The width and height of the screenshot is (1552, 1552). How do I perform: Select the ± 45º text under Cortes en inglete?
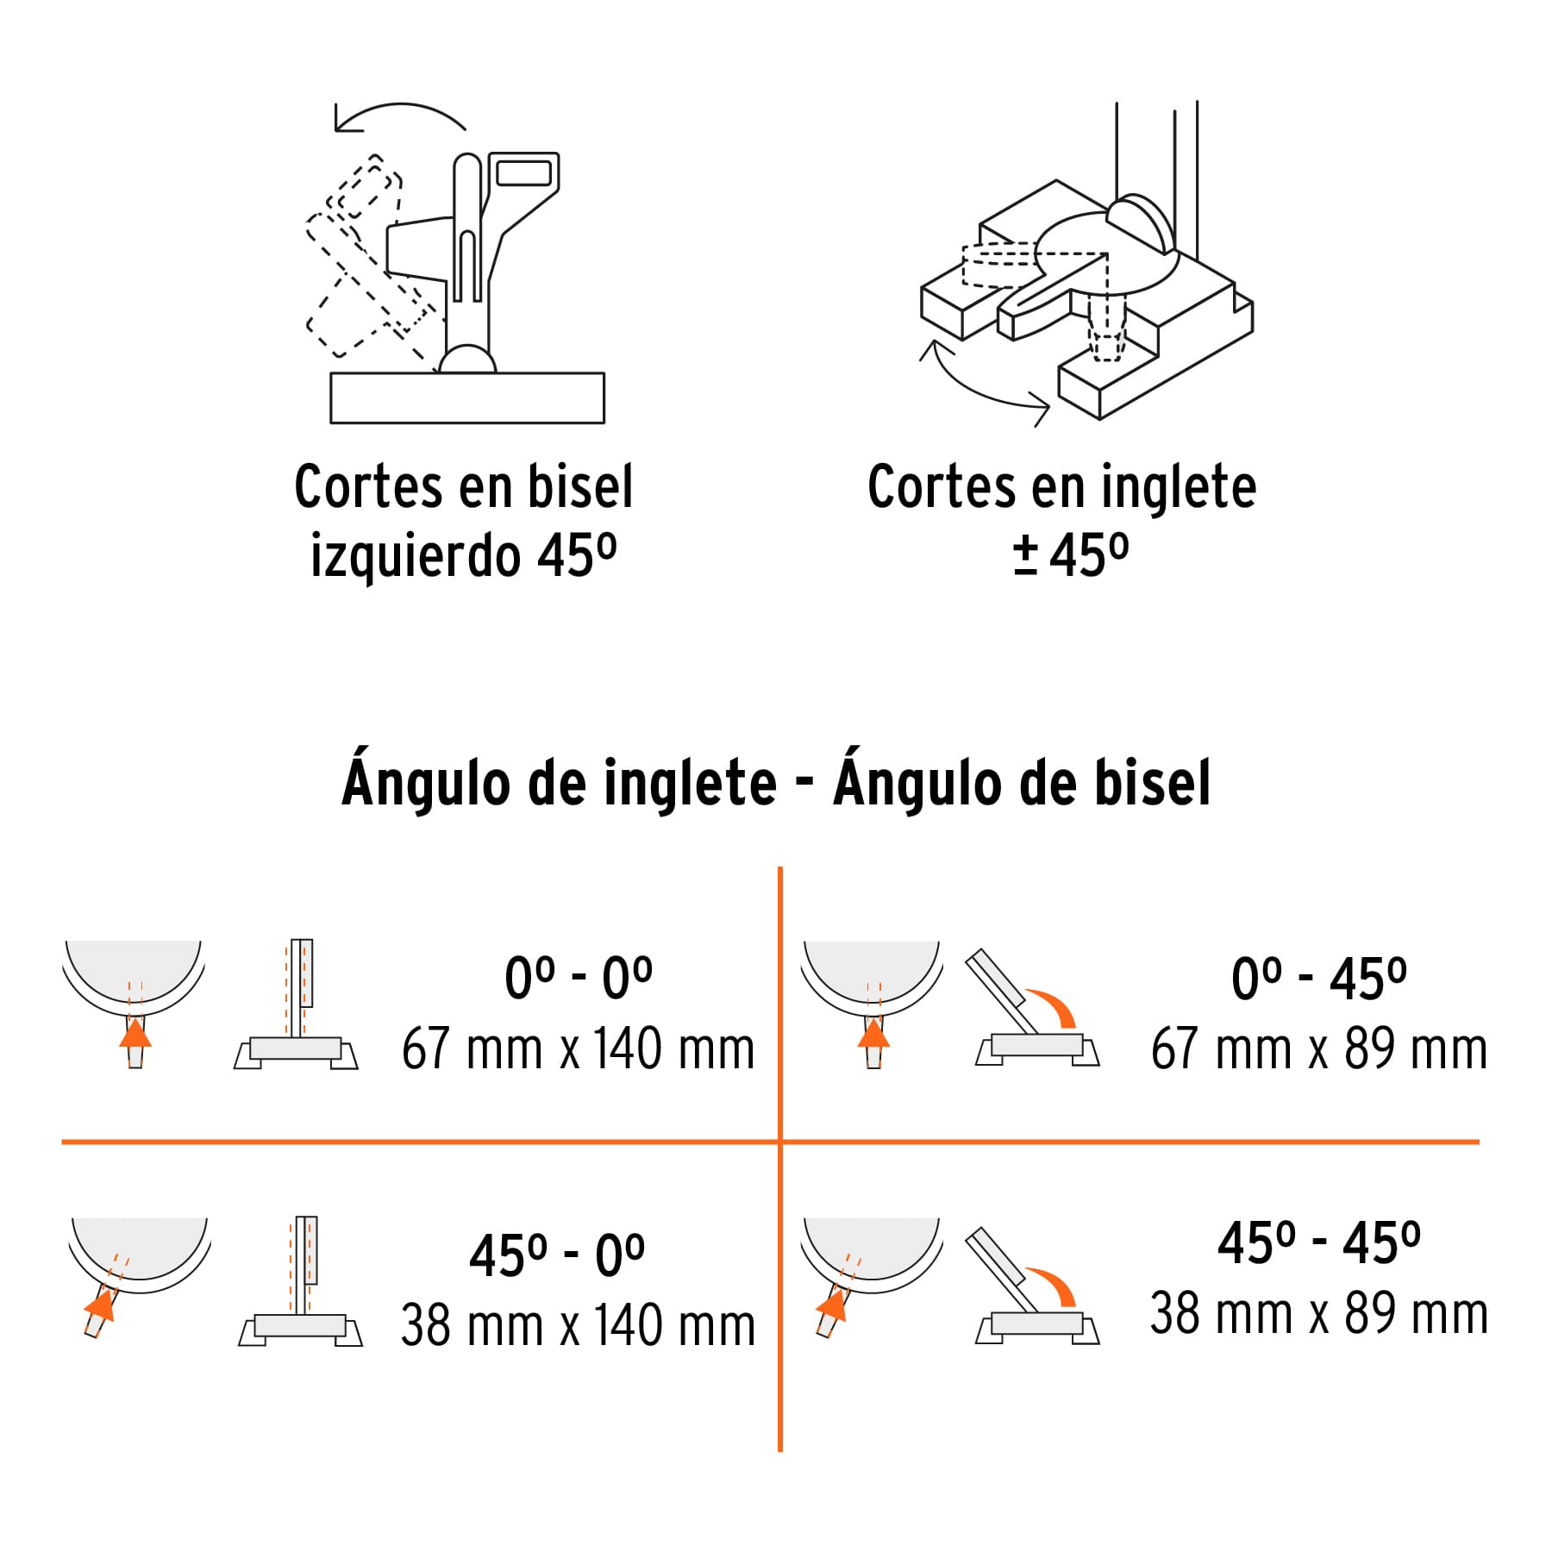click(1071, 556)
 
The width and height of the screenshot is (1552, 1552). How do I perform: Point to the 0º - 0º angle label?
click(578, 979)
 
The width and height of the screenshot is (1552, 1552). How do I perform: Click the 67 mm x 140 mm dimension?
click(578, 1049)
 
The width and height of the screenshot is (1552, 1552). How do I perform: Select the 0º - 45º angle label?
click(1318, 979)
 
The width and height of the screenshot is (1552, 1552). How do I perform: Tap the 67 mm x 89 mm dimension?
click(1318, 1049)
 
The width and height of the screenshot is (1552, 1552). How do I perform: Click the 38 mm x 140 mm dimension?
click(578, 1326)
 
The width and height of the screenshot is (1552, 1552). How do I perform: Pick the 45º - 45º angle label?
click(1318, 1243)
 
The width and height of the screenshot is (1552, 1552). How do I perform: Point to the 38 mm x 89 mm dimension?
click(1318, 1314)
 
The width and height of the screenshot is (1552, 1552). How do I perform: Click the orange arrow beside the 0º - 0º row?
click(135, 1032)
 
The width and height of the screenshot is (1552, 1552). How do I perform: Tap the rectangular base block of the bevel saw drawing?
click(466, 397)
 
